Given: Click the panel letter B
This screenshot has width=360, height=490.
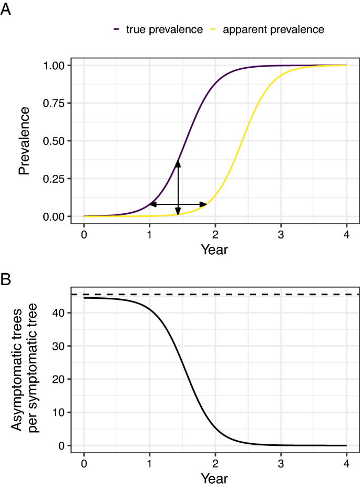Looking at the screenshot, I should tap(5, 279).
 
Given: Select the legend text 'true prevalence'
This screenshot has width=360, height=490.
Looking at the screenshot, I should tap(164, 29).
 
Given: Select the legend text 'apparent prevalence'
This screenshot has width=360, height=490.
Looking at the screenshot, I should tap(273, 29).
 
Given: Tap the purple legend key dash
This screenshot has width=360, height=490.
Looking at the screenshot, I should tap(116, 29).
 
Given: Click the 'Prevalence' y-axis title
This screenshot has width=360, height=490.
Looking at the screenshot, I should tap(24, 141).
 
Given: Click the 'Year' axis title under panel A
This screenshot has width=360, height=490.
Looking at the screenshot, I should tap(214, 249).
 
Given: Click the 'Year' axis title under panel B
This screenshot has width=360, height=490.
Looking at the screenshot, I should tap(214, 478).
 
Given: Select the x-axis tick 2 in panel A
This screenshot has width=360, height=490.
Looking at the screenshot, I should tap(215, 234).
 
